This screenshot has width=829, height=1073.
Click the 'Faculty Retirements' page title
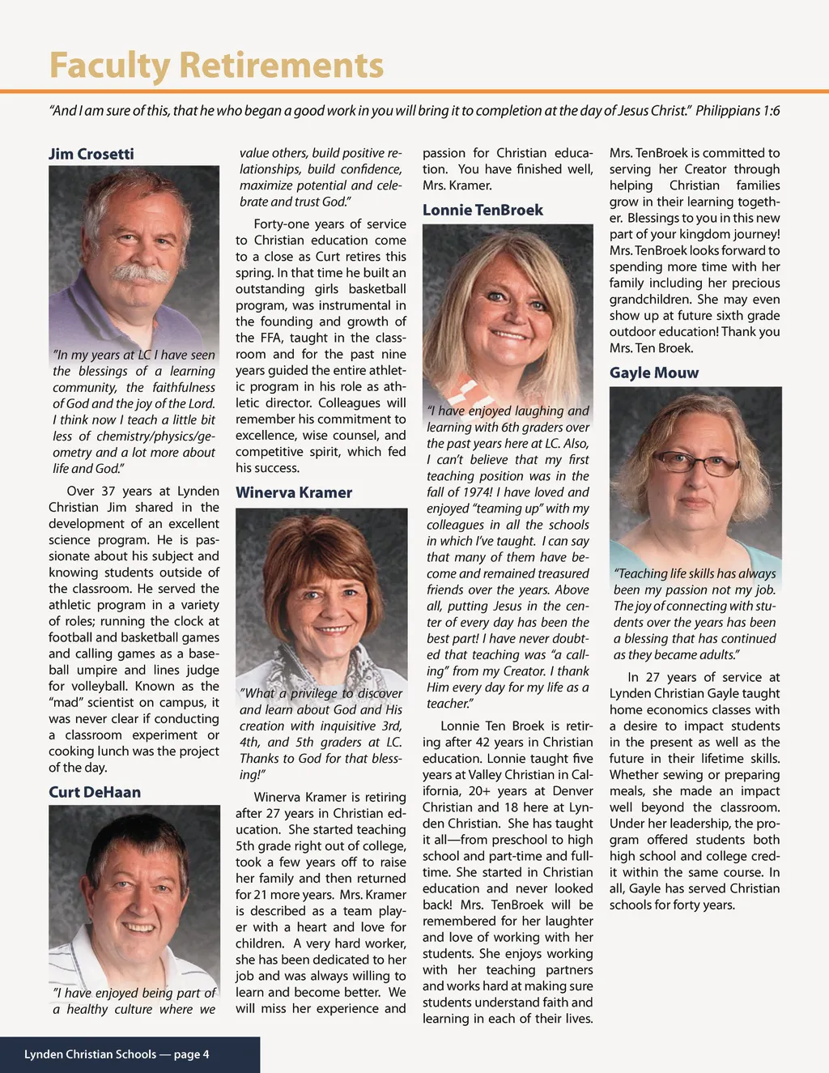[x=216, y=65]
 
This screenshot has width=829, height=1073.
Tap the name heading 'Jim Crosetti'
[x=91, y=154]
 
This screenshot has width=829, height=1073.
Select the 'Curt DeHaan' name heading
[x=95, y=792]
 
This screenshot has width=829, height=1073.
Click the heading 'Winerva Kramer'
[x=294, y=492]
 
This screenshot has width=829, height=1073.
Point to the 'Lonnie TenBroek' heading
[x=483, y=210]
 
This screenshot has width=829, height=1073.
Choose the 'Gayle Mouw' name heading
[x=654, y=373]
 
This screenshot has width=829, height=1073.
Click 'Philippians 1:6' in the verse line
[x=738, y=110]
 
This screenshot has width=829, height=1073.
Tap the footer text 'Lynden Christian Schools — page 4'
[x=117, y=1054]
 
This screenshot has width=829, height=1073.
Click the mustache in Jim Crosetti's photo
[x=139, y=273]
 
